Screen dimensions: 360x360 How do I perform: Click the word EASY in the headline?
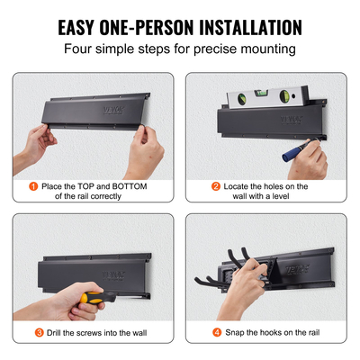85,27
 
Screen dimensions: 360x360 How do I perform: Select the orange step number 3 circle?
40,333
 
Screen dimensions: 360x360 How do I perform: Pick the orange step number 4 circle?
216,333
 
